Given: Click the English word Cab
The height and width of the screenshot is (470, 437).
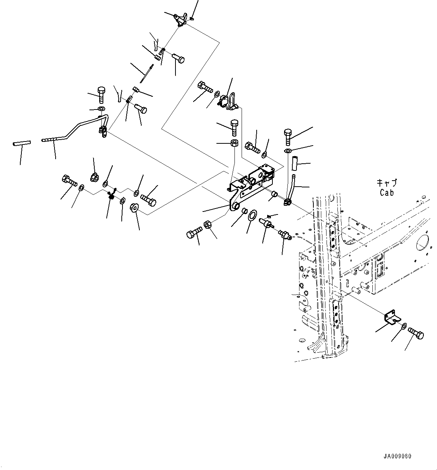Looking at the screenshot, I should [386, 193].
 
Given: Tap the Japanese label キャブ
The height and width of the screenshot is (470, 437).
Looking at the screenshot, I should [387, 183].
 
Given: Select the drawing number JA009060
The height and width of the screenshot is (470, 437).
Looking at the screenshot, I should [397, 456].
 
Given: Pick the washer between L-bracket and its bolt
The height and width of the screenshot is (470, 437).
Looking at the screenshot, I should [403, 326].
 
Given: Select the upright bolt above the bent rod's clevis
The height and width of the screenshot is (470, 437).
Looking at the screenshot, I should [101, 94].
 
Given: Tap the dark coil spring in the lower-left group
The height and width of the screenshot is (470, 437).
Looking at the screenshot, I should [111, 195].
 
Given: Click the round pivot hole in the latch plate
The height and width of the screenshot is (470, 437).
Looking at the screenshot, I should [235, 205].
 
